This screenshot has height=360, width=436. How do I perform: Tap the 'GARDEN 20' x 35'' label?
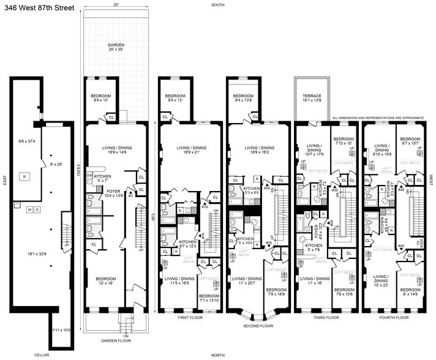pos(116,48)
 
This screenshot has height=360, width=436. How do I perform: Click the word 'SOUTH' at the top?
pos(217,4)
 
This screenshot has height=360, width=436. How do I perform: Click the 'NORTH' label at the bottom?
pos(217,355)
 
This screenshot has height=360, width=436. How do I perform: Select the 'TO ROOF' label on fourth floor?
pos(418,244)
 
